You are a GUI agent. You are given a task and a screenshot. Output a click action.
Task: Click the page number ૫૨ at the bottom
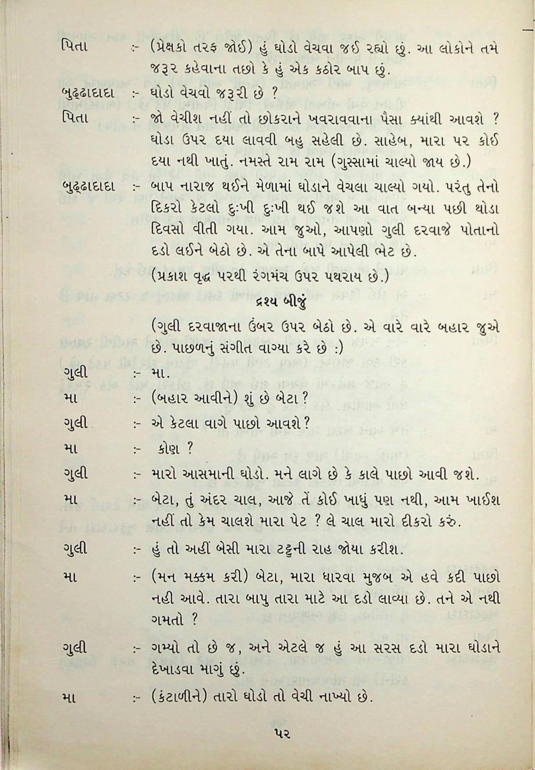(x=282, y=731)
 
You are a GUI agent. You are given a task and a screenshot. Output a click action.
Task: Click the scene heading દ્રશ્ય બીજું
(x=276, y=303)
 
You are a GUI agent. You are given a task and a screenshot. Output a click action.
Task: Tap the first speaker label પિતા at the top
(x=74, y=47)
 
